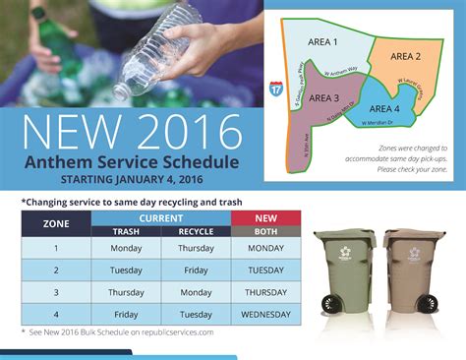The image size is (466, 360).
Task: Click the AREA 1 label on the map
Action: tap(321, 43)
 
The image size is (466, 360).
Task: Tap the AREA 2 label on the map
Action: tap(405, 56)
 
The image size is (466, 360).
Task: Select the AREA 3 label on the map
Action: tap(324, 97)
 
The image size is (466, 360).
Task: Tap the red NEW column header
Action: tap(266, 217)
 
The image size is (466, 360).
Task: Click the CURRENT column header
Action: tap(160, 217)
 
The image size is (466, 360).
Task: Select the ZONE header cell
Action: tap(56, 223)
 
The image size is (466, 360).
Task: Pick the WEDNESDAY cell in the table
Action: tap(266, 314)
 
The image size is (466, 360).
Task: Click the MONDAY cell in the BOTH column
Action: tap(266, 249)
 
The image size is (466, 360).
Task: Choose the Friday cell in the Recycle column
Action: tap(196, 270)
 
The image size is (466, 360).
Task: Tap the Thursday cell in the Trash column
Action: tap(126, 292)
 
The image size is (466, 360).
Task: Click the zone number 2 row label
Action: tap(56, 270)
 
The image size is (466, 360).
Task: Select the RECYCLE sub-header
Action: tap(196, 231)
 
